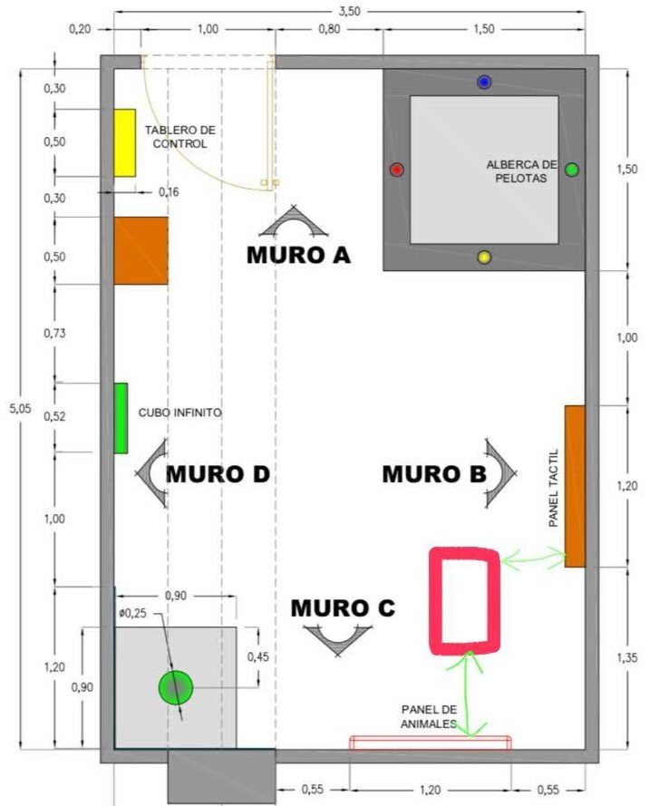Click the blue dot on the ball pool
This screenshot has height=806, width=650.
[x=484, y=82]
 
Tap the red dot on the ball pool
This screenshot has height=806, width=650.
[x=396, y=170]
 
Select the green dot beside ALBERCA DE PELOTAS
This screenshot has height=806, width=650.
[x=572, y=170]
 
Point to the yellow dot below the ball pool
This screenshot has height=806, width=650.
[x=484, y=257]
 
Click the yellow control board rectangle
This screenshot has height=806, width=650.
[x=124, y=143]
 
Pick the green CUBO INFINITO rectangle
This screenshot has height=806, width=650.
[x=121, y=418]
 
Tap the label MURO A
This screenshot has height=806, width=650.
[x=298, y=255]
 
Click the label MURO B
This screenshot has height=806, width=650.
[x=434, y=474]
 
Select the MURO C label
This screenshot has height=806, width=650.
[x=343, y=608]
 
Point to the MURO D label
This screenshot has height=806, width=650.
[x=218, y=474]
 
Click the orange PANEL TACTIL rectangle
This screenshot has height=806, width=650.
[x=575, y=486]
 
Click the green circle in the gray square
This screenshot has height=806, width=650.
[x=176, y=687]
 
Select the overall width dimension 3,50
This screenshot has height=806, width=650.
[x=349, y=11]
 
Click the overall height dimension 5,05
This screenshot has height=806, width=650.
[x=21, y=409]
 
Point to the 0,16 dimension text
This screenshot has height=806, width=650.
[x=169, y=192]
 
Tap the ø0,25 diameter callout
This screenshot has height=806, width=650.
[x=132, y=613]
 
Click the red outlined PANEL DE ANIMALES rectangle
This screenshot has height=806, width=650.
[x=430, y=743]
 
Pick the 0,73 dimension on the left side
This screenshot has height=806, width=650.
[x=54, y=333]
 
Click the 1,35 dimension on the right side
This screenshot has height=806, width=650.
[x=626, y=657]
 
